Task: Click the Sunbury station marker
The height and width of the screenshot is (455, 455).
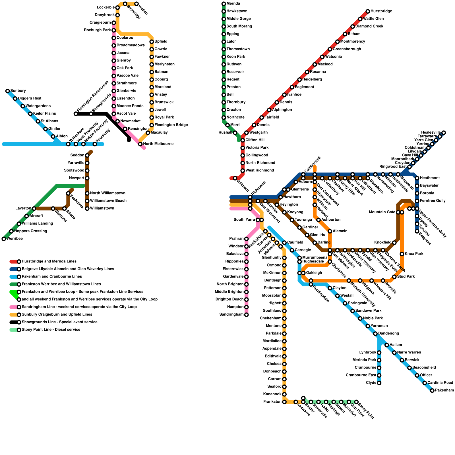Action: point(8,91)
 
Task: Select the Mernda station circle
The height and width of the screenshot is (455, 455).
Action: point(224,4)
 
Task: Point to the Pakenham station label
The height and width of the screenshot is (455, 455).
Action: point(444,390)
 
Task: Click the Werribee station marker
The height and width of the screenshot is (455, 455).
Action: point(4,239)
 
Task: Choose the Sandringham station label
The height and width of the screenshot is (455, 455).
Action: point(231,315)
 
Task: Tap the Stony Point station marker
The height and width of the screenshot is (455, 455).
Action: point(356,402)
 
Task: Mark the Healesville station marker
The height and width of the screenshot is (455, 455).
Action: point(444,133)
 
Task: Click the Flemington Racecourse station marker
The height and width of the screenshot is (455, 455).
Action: point(76,114)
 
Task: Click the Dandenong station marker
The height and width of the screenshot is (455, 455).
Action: point(375,334)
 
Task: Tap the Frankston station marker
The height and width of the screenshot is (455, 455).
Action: point(284,402)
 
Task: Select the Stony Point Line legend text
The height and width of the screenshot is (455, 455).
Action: point(51,330)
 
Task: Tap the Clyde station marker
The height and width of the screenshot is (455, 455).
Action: point(379,383)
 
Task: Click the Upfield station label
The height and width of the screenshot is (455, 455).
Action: point(161,42)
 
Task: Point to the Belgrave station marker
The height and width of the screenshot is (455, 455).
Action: point(417,231)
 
